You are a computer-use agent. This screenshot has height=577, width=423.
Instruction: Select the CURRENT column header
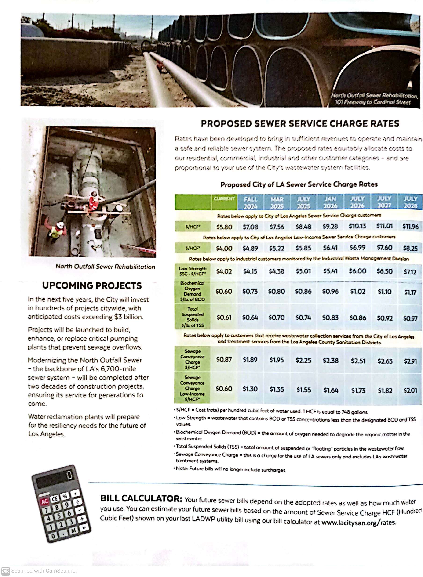[224, 198]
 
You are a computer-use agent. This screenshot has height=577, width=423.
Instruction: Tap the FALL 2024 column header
[250, 202]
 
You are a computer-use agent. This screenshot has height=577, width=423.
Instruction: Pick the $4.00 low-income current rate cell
[224, 248]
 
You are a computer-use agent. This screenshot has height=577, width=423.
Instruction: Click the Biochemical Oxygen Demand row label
[192, 291]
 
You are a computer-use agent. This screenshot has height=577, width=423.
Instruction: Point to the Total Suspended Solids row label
[192, 317]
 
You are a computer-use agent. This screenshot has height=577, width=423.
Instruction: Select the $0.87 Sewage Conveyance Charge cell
[224, 359]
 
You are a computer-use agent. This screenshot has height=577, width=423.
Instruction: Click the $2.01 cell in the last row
[410, 390]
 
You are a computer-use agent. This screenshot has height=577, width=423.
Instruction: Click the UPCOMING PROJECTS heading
[92, 285]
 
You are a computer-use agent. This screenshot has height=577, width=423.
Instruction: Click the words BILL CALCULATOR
[141, 498]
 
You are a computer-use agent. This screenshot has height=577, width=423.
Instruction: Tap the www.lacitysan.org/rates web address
[358, 522]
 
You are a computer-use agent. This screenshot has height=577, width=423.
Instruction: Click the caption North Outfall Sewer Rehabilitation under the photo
[105, 266]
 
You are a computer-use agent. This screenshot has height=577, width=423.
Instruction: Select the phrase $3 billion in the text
[128, 317]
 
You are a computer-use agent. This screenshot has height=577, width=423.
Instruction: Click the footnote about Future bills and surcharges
[230, 469]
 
